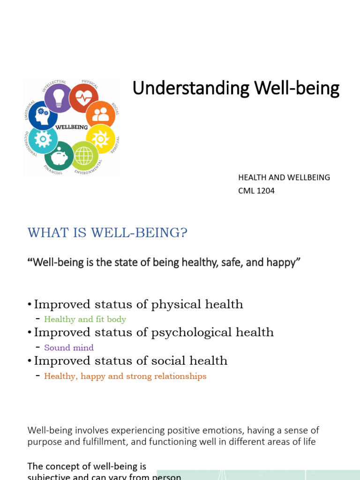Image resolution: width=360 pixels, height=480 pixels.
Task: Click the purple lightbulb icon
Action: pos(59,98)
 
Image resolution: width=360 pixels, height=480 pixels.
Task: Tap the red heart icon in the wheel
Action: pos(83,98)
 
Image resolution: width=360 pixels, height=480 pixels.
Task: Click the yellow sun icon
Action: pos(100,139)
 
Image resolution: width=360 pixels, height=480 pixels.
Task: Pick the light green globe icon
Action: pos(84,156)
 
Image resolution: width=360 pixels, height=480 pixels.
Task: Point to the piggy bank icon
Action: pos(60,157)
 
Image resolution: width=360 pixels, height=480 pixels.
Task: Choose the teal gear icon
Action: pos(43,139)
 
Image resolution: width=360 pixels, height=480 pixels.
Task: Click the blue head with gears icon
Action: pos(43,115)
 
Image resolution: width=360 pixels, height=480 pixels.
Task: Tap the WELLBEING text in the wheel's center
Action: pos(72,127)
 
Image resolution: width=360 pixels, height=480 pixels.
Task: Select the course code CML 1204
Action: pos(256,191)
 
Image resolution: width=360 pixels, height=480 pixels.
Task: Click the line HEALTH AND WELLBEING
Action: pos(284,178)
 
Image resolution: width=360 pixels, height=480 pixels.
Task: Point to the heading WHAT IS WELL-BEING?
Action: pos(107,232)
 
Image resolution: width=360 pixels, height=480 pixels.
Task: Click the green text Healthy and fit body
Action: pos(85,319)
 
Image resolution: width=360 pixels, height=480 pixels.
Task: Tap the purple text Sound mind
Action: pos(69,348)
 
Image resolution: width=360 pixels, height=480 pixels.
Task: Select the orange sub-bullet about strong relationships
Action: pos(125,376)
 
